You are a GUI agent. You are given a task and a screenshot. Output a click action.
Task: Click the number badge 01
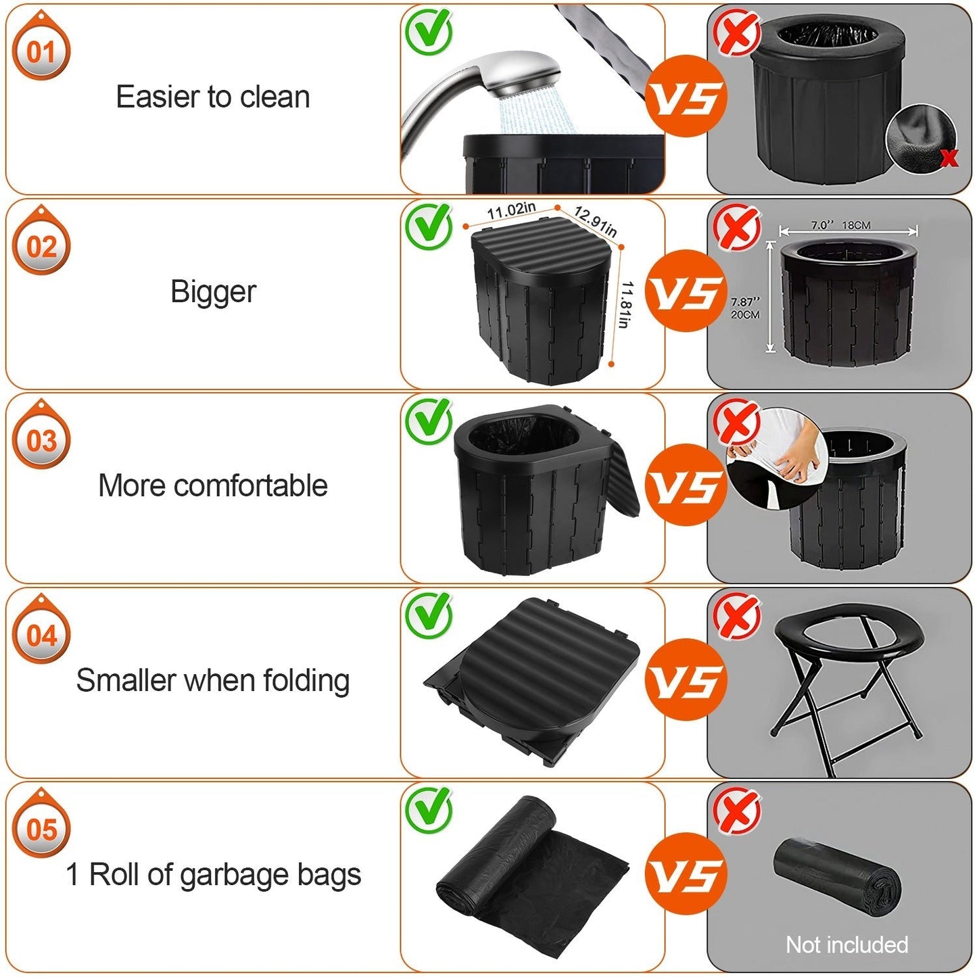[41, 52]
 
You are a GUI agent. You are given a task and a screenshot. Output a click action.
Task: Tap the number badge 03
[41, 441]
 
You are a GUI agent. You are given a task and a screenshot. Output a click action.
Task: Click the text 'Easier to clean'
[213, 97]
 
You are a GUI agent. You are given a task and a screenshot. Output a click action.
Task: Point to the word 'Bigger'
[213, 292]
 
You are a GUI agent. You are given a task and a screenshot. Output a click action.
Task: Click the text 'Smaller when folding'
[213, 680]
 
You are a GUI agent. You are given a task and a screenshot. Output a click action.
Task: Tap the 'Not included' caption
[847, 945]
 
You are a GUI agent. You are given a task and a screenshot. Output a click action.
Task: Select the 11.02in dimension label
[511, 211]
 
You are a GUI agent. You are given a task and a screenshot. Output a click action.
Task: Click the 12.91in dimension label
[595, 221]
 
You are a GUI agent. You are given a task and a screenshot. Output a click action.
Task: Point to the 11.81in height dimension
[626, 305]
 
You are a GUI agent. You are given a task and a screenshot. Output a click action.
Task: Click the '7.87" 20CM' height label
[745, 308]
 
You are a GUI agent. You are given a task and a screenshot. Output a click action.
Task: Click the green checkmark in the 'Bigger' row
[429, 226]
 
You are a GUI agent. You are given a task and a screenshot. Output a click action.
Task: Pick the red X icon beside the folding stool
[738, 615]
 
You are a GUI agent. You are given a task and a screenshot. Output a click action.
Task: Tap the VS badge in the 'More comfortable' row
[686, 485]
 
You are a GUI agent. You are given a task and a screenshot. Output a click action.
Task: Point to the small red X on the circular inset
[949, 158]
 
